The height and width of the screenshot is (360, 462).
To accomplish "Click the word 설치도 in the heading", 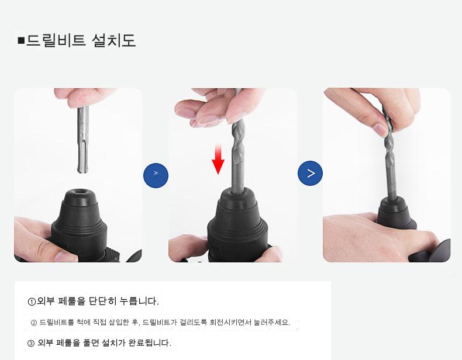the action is click(113, 40).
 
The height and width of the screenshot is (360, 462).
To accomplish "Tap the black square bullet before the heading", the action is click(21, 40).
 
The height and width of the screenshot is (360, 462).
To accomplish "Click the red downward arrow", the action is click(218, 158).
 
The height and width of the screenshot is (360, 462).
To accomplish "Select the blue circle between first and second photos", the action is click(156, 175).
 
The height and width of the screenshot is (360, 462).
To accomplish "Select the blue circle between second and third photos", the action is click(311, 173).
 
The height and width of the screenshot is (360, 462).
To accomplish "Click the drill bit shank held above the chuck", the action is click(83, 140).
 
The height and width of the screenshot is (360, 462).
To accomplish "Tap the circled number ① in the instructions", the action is click(32, 302).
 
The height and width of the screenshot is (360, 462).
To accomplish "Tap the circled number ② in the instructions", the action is click(33, 323).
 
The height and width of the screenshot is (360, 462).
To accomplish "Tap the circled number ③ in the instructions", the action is click(31, 343).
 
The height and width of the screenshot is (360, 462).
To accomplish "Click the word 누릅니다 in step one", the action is click(139, 301).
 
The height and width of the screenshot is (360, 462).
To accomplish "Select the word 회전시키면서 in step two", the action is click(230, 323).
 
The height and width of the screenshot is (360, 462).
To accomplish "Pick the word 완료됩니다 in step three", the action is click(150, 343).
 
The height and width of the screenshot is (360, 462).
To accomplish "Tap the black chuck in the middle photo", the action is click(237, 225).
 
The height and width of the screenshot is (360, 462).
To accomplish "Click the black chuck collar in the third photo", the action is click(397, 213).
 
